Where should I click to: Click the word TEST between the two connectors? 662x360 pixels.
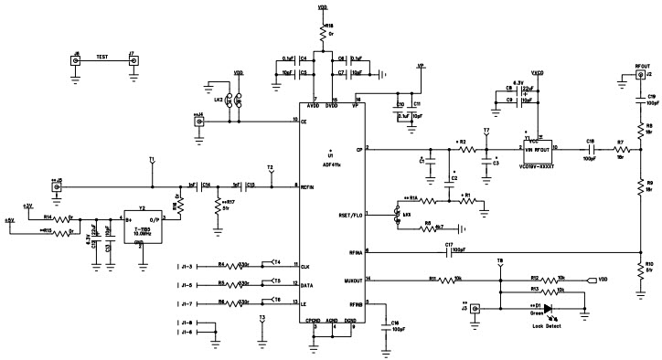pyautogui.click(x=103, y=56)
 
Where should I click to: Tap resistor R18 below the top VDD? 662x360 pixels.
pyautogui.click(x=322, y=34)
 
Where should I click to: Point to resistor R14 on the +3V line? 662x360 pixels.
pyautogui.click(x=60, y=219)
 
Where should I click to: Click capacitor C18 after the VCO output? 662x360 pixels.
pyautogui.click(x=592, y=149)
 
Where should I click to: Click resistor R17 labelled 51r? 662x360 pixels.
pyautogui.click(x=219, y=203)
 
